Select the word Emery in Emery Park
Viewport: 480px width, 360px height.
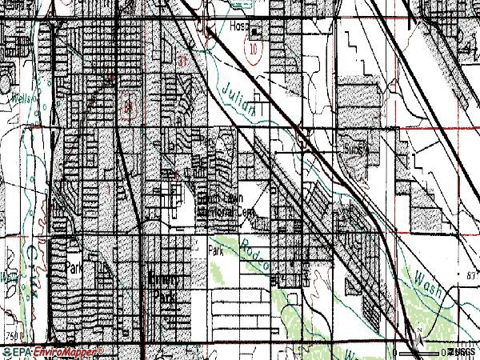point(164,282)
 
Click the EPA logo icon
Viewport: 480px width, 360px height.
point(15,351)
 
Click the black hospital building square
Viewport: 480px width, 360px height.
point(257,33)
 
